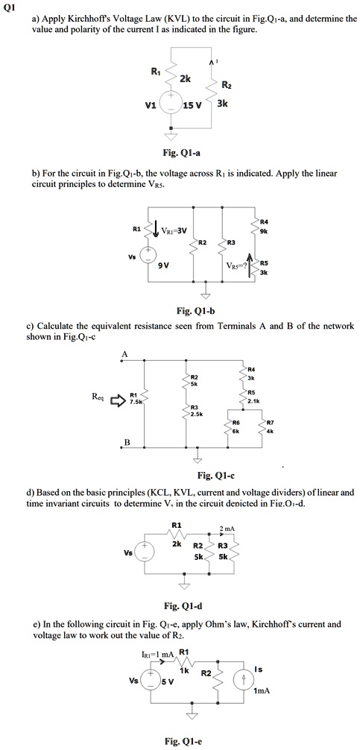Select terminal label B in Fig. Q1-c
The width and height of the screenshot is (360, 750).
click(125, 443)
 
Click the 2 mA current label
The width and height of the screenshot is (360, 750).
click(227, 528)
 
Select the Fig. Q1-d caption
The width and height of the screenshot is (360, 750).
click(180, 606)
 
